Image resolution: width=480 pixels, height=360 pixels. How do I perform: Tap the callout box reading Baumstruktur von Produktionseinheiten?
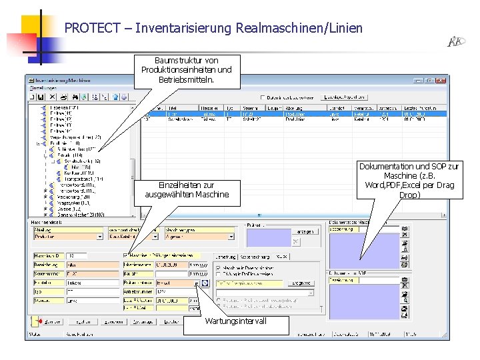coord(187,69)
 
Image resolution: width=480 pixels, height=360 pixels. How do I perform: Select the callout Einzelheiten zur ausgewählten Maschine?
coord(187,190)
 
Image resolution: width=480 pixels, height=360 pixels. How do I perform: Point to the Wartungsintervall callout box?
coord(245,321)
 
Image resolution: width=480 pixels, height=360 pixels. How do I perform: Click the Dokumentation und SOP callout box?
coord(409,181)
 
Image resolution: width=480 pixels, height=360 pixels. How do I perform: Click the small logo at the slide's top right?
coord(455,42)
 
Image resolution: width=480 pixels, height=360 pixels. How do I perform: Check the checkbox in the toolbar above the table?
coord(263,97)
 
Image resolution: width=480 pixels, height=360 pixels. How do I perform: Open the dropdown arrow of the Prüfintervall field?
coord(197,283)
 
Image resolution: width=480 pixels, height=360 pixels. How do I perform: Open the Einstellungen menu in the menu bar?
coord(42,87)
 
